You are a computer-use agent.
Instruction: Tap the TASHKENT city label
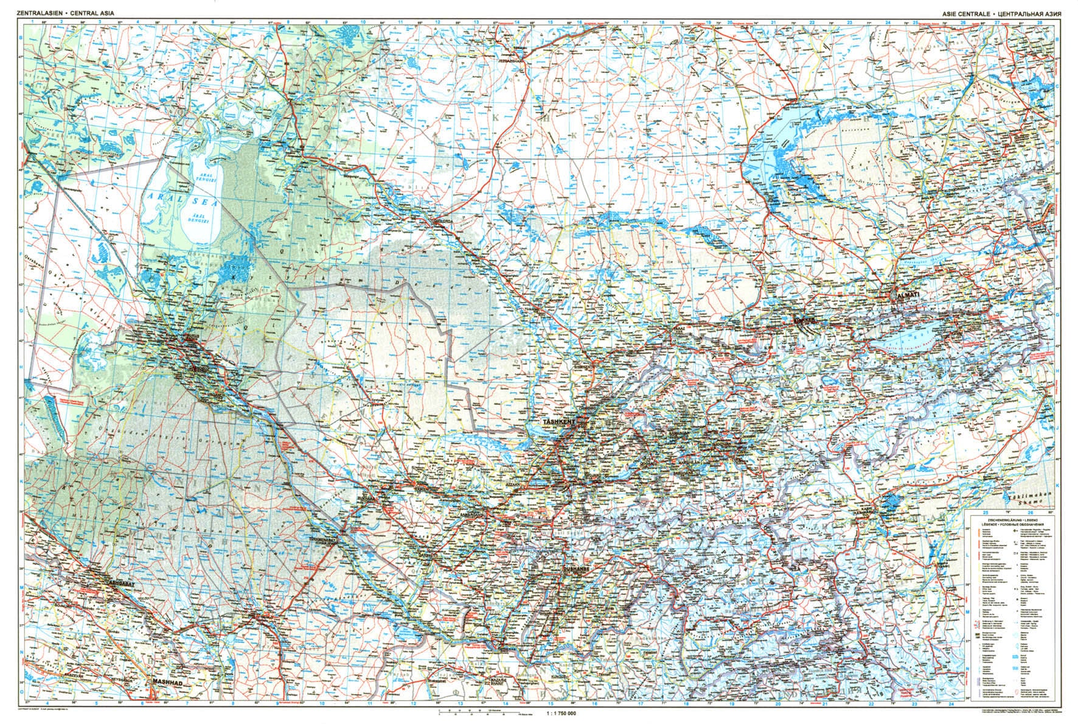click(558, 421)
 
